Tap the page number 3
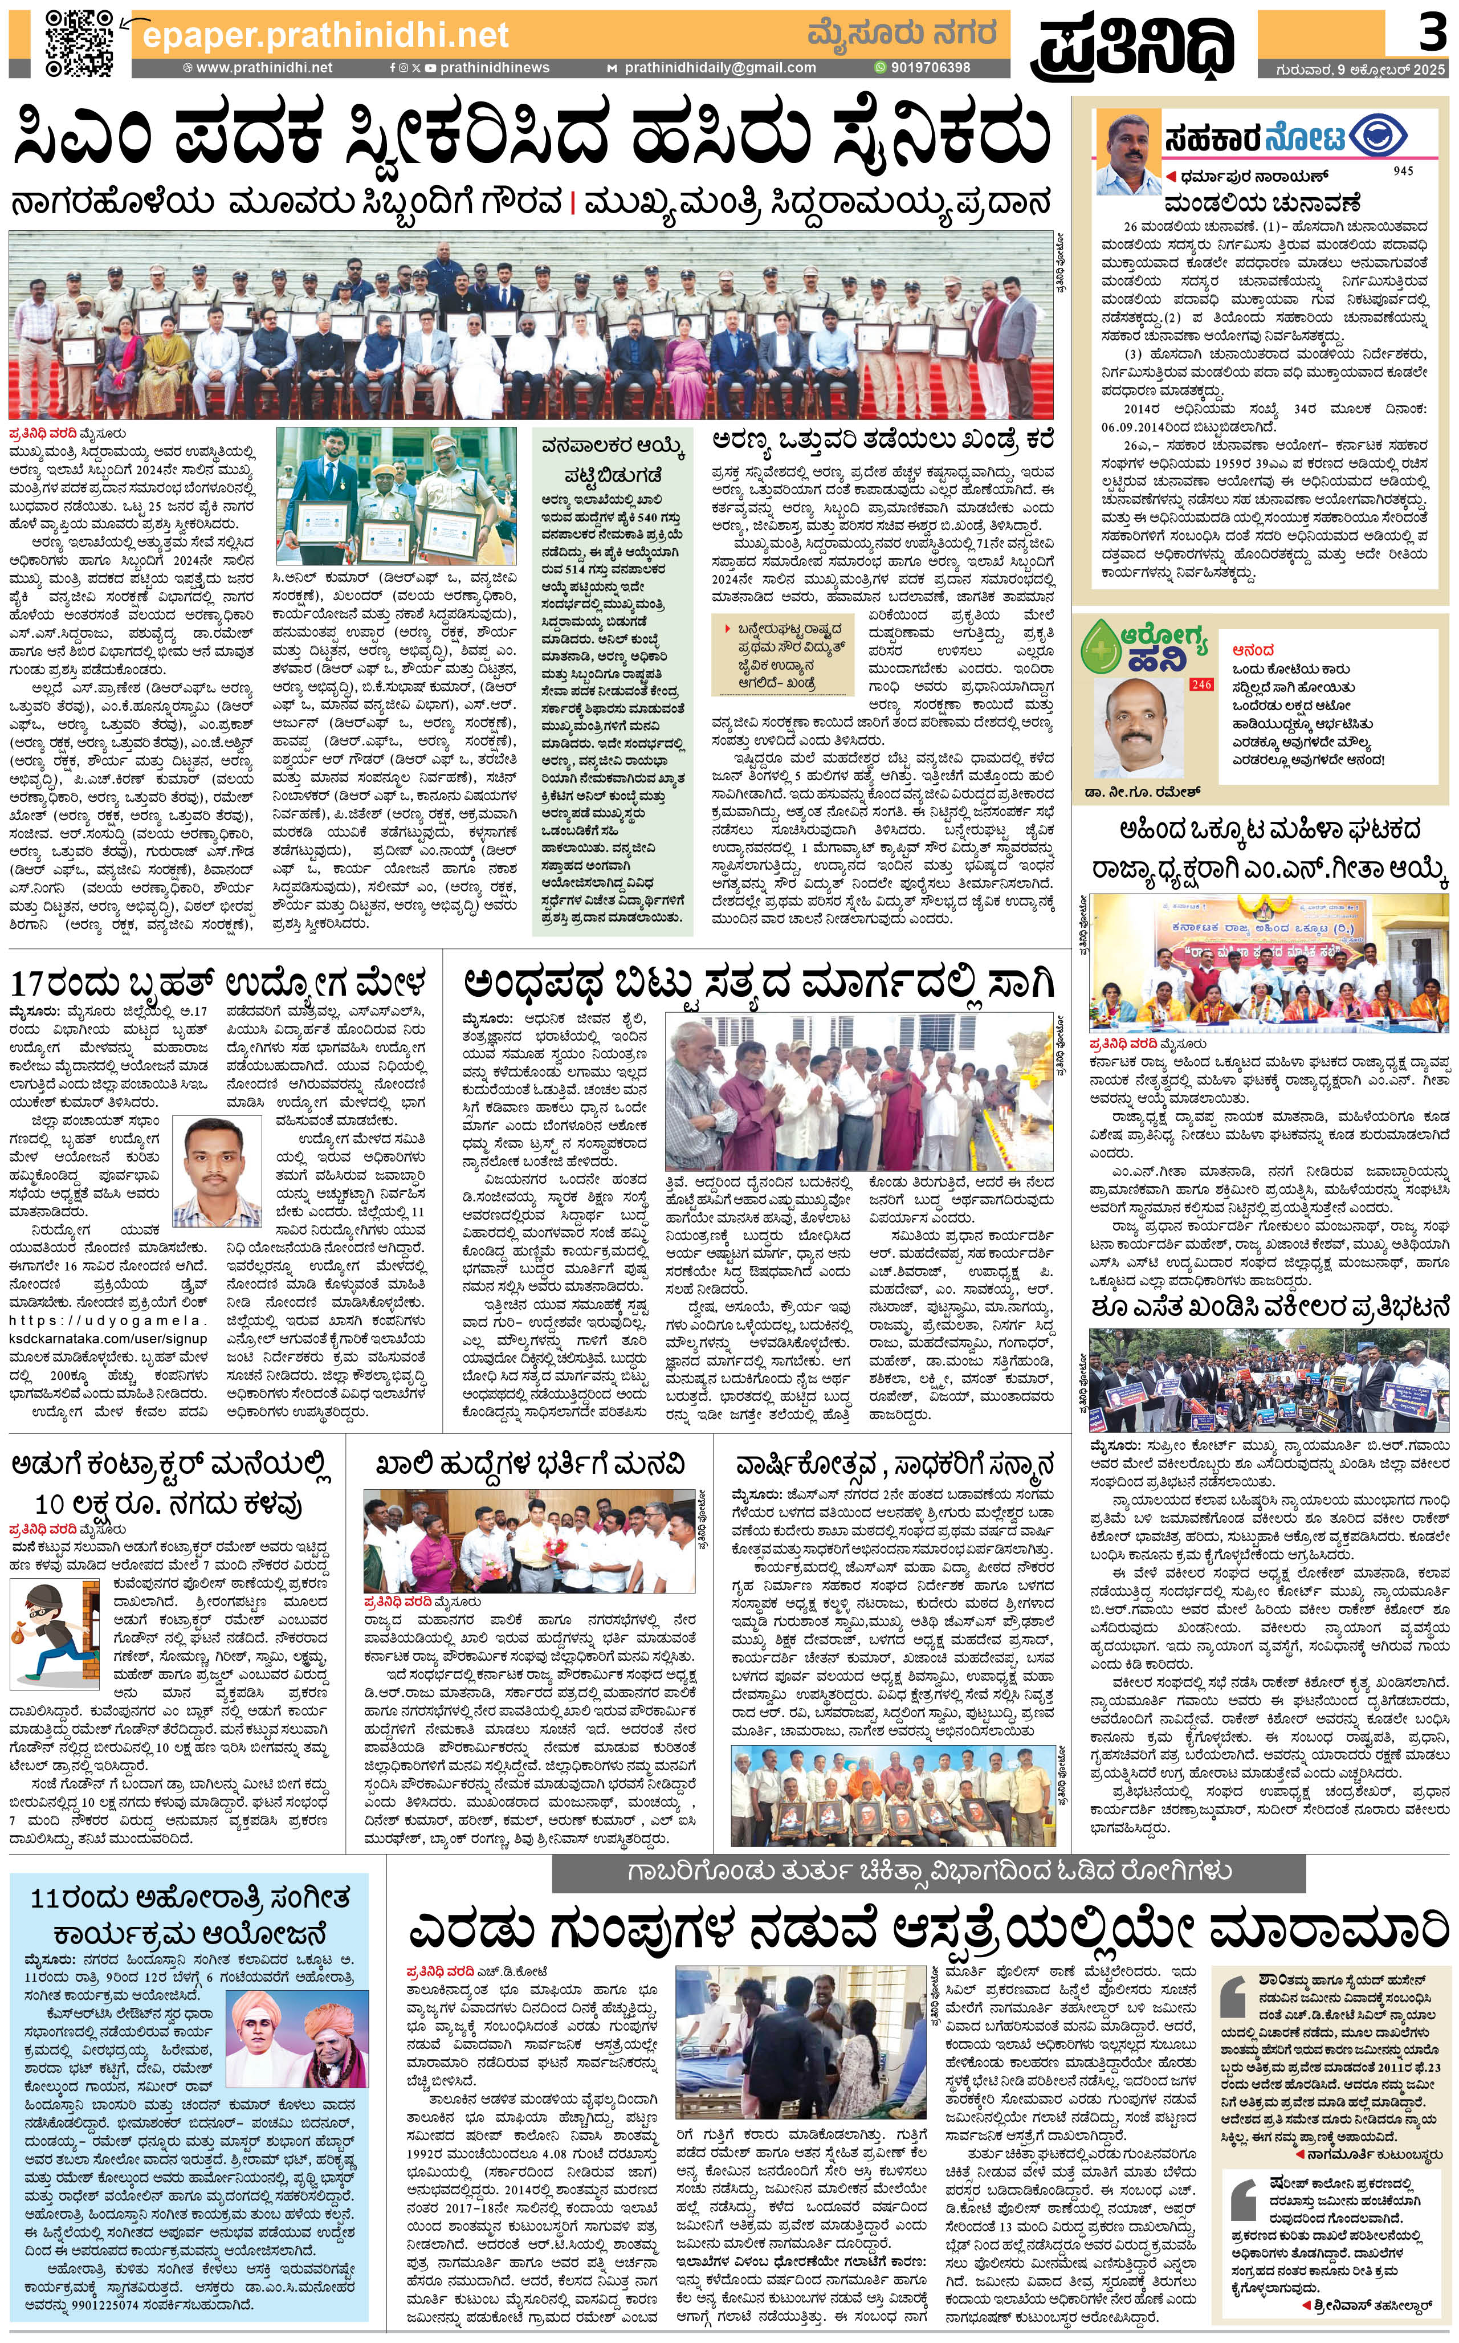point(1431,34)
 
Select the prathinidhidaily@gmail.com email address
point(719,68)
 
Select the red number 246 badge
point(1200,684)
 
